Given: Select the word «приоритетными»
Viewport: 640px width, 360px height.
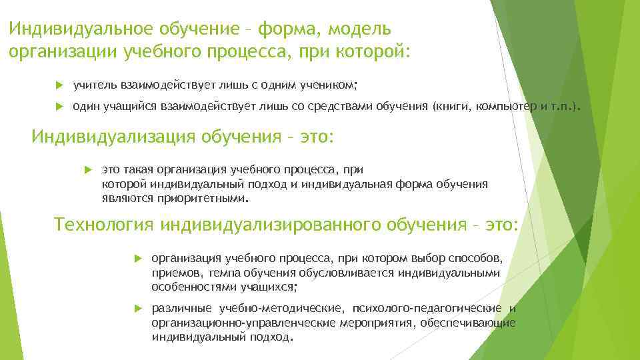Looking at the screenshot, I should (207, 199).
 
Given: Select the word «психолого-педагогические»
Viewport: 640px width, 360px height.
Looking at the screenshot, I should (427, 308).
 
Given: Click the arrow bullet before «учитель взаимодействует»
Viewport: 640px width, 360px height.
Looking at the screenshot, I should (59, 85).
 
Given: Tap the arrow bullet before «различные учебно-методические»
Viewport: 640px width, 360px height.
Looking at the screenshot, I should (137, 308).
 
